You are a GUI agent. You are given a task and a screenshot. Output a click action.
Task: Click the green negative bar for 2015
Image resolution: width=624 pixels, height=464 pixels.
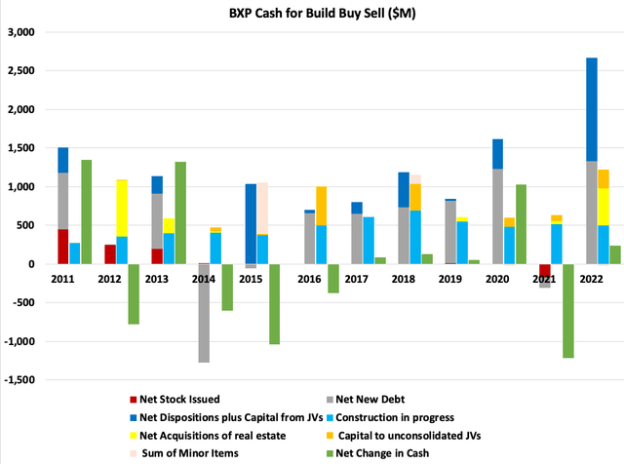tap(275, 303)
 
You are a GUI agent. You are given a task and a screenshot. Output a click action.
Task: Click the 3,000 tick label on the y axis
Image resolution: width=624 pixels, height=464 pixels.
tap(20, 32)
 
